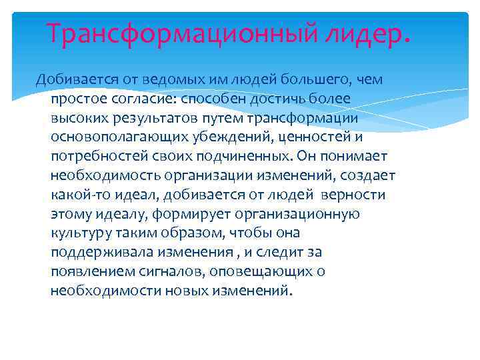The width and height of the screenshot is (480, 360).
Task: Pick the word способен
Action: [213, 99]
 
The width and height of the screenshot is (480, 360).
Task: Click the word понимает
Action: [351, 156]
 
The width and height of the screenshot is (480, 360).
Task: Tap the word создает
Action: [369, 175]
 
